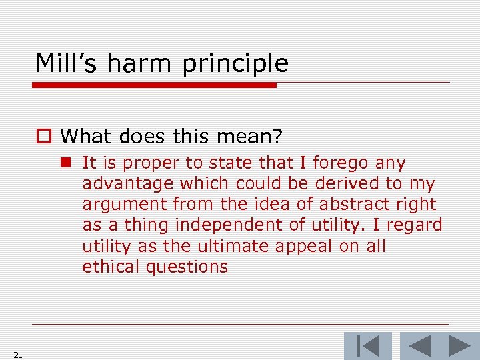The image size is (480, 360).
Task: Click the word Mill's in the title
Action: pyautogui.click(x=65, y=63)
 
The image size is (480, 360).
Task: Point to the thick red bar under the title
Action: pyautogui.click(x=154, y=85)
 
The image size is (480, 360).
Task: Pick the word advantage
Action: pyautogui.click(x=122, y=184)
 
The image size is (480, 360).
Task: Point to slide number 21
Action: pyautogui.click(x=18, y=355)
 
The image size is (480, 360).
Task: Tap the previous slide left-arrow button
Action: pyautogui.click(x=419, y=346)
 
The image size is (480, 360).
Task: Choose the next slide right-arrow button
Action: pyautogui.click(x=460, y=346)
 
